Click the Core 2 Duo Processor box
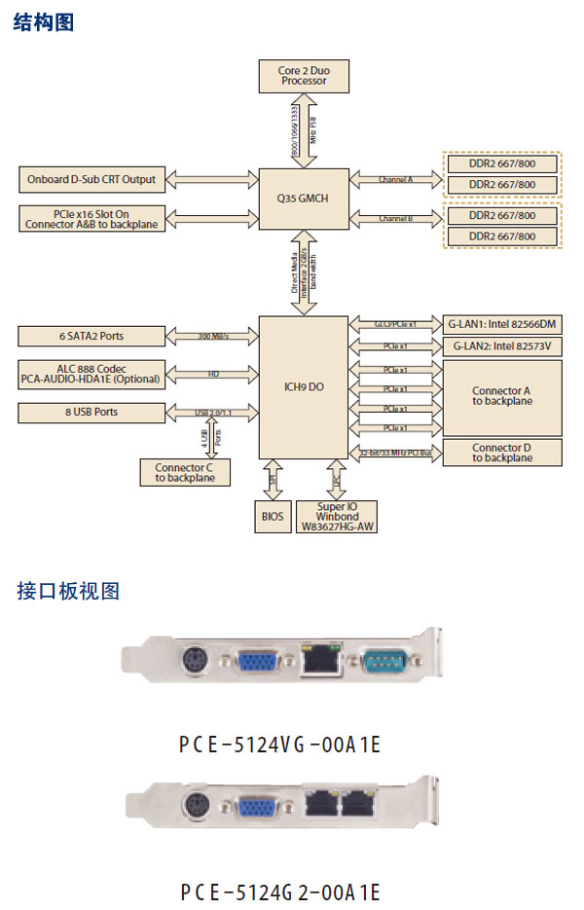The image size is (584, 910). [304, 76]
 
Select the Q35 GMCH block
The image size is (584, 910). [303, 199]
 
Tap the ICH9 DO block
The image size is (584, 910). [303, 386]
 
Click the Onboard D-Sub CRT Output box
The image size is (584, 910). [92, 179]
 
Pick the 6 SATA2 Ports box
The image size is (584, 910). [92, 336]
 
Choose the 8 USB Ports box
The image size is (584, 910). [92, 412]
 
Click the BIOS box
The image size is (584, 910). [274, 516]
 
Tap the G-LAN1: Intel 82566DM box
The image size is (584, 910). [502, 324]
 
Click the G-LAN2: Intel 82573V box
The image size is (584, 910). [502, 346]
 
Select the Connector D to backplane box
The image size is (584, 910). [502, 453]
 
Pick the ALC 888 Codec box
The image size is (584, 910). [92, 374]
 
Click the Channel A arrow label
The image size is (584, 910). [395, 180]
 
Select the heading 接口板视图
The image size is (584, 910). [68, 591]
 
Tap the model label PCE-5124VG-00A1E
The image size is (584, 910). [279, 746]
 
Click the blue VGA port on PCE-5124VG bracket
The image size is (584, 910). [257, 664]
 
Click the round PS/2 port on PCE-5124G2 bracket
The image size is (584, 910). [198, 807]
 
